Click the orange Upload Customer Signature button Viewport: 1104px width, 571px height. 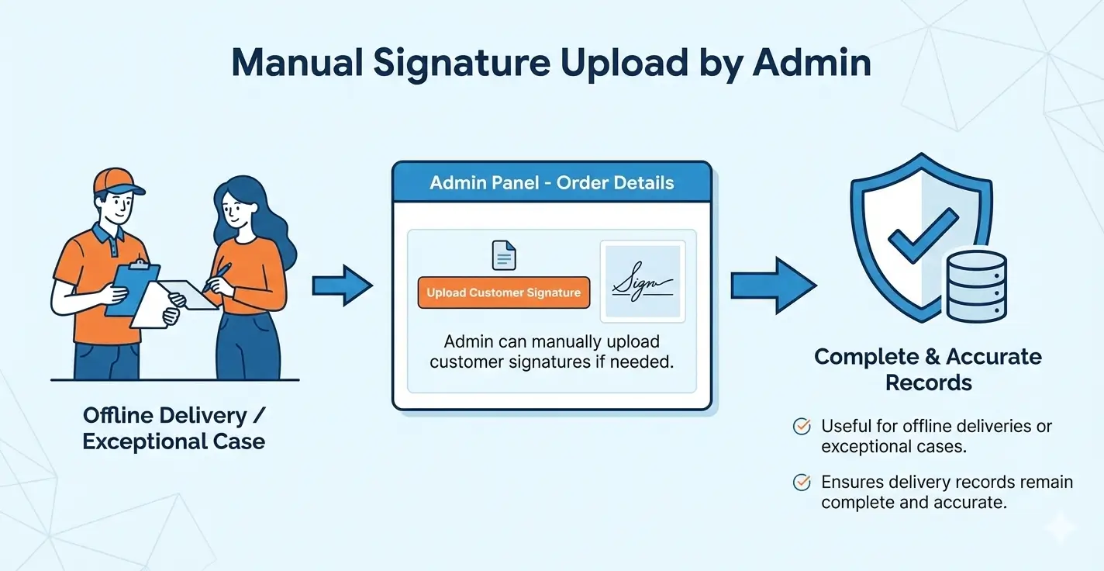[504, 292]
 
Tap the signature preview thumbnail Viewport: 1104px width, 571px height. [643, 283]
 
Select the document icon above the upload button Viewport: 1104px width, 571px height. [504, 255]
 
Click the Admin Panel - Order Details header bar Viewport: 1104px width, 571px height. [551, 184]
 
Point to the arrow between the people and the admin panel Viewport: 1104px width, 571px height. [342, 286]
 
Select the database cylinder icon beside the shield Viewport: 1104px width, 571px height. [977, 286]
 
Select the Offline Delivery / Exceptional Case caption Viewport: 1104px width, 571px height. [174, 428]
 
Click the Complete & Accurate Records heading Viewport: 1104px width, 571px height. [928, 369]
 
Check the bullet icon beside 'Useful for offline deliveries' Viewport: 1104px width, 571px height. [802, 426]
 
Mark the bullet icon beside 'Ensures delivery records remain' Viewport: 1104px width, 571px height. [802, 483]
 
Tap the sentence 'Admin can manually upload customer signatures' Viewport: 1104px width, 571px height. [551, 351]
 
